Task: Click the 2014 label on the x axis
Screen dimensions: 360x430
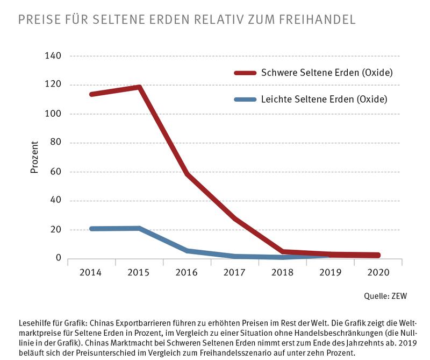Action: [x=90, y=273]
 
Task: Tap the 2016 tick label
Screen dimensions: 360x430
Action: [x=188, y=273]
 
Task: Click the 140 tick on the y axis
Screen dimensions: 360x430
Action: [x=54, y=56]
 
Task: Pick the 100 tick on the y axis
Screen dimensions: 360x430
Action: [x=54, y=114]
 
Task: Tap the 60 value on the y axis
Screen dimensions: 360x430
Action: [x=56, y=172]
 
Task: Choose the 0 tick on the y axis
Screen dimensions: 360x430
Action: [x=58, y=259]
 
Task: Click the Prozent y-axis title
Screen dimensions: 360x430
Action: [x=34, y=157]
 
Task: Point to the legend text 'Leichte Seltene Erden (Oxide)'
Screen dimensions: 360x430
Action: [x=324, y=99]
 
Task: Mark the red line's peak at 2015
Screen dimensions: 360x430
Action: [x=139, y=87]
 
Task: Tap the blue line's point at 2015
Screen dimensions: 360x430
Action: [x=139, y=229]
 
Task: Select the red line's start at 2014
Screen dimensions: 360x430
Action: [x=91, y=94]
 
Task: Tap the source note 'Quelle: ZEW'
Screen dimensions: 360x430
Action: [x=384, y=295]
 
